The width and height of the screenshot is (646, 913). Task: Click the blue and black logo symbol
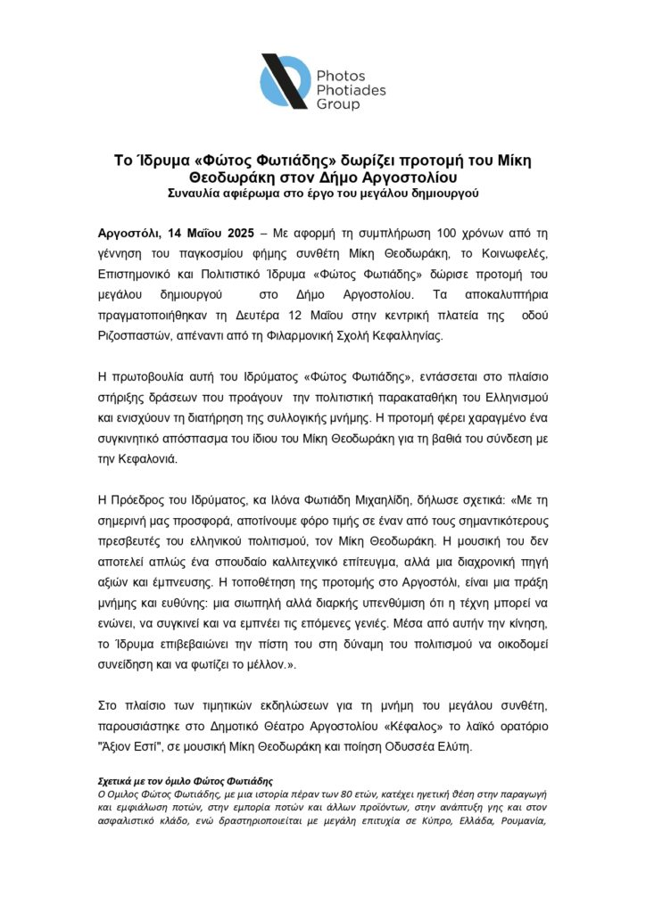[x=284, y=82]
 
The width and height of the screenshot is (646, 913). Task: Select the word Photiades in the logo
[x=349, y=90]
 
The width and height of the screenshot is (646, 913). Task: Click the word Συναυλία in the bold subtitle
[x=196, y=193]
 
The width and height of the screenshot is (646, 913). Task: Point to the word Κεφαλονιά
[x=152, y=459]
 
